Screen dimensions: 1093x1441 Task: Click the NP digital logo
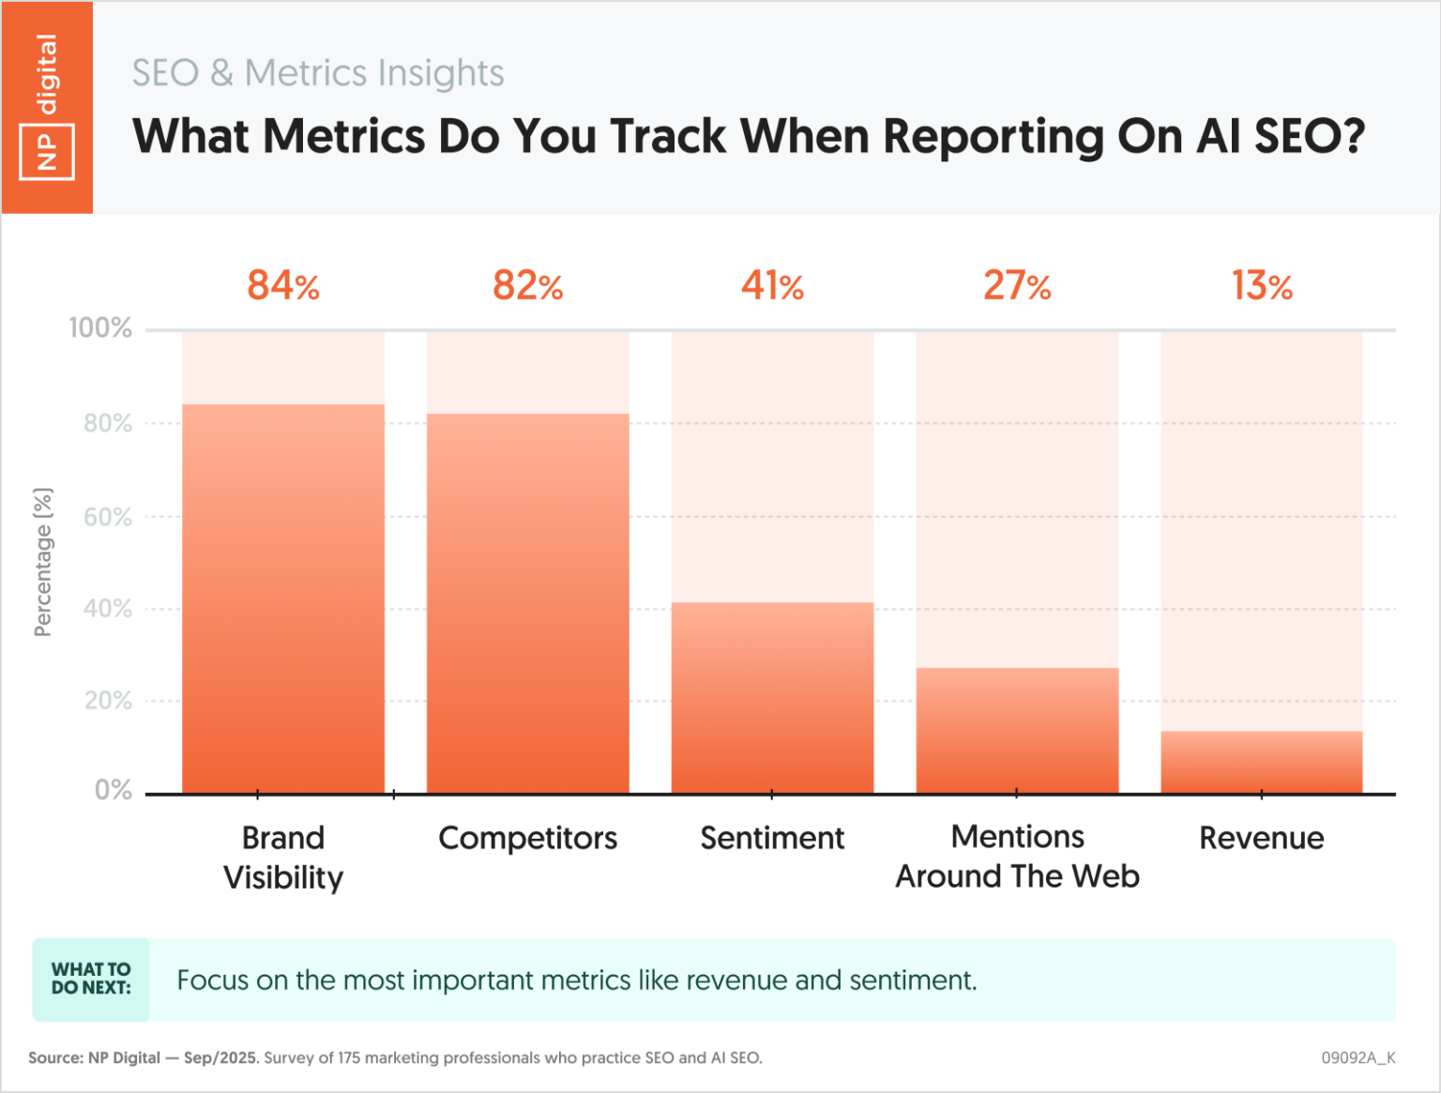tap(47, 106)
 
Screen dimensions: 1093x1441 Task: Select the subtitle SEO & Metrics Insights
tap(317, 73)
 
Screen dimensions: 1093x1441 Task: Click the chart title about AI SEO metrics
tap(748, 136)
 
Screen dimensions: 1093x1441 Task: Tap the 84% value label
tap(283, 286)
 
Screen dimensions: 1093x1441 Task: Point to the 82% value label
tap(527, 286)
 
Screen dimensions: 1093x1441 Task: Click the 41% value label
tap(772, 286)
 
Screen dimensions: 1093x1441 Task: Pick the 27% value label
tap(1017, 286)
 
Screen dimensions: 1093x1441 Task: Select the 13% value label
tap(1262, 286)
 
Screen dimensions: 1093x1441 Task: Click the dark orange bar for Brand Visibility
tap(283, 600)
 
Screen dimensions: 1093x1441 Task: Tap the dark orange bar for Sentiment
tap(772, 699)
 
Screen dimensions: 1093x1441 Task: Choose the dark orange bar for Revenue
tap(1262, 762)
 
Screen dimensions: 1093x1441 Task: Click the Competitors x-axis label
tap(527, 838)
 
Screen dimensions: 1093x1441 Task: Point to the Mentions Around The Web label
tap(1017, 857)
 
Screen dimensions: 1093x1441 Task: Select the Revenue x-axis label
tap(1262, 838)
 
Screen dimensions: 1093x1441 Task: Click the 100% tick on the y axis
tap(100, 328)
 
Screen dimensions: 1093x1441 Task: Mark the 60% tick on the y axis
tap(107, 517)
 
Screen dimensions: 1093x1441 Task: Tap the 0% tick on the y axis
tap(113, 790)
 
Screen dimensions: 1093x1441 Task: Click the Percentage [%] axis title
tap(43, 562)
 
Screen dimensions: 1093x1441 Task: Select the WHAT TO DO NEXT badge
tap(91, 979)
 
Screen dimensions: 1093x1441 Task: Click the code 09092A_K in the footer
tap(1358, 1057)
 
